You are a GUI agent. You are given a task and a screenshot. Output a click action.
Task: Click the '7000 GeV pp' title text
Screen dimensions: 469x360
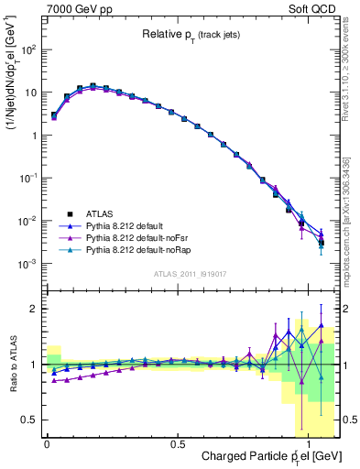[76, 7]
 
